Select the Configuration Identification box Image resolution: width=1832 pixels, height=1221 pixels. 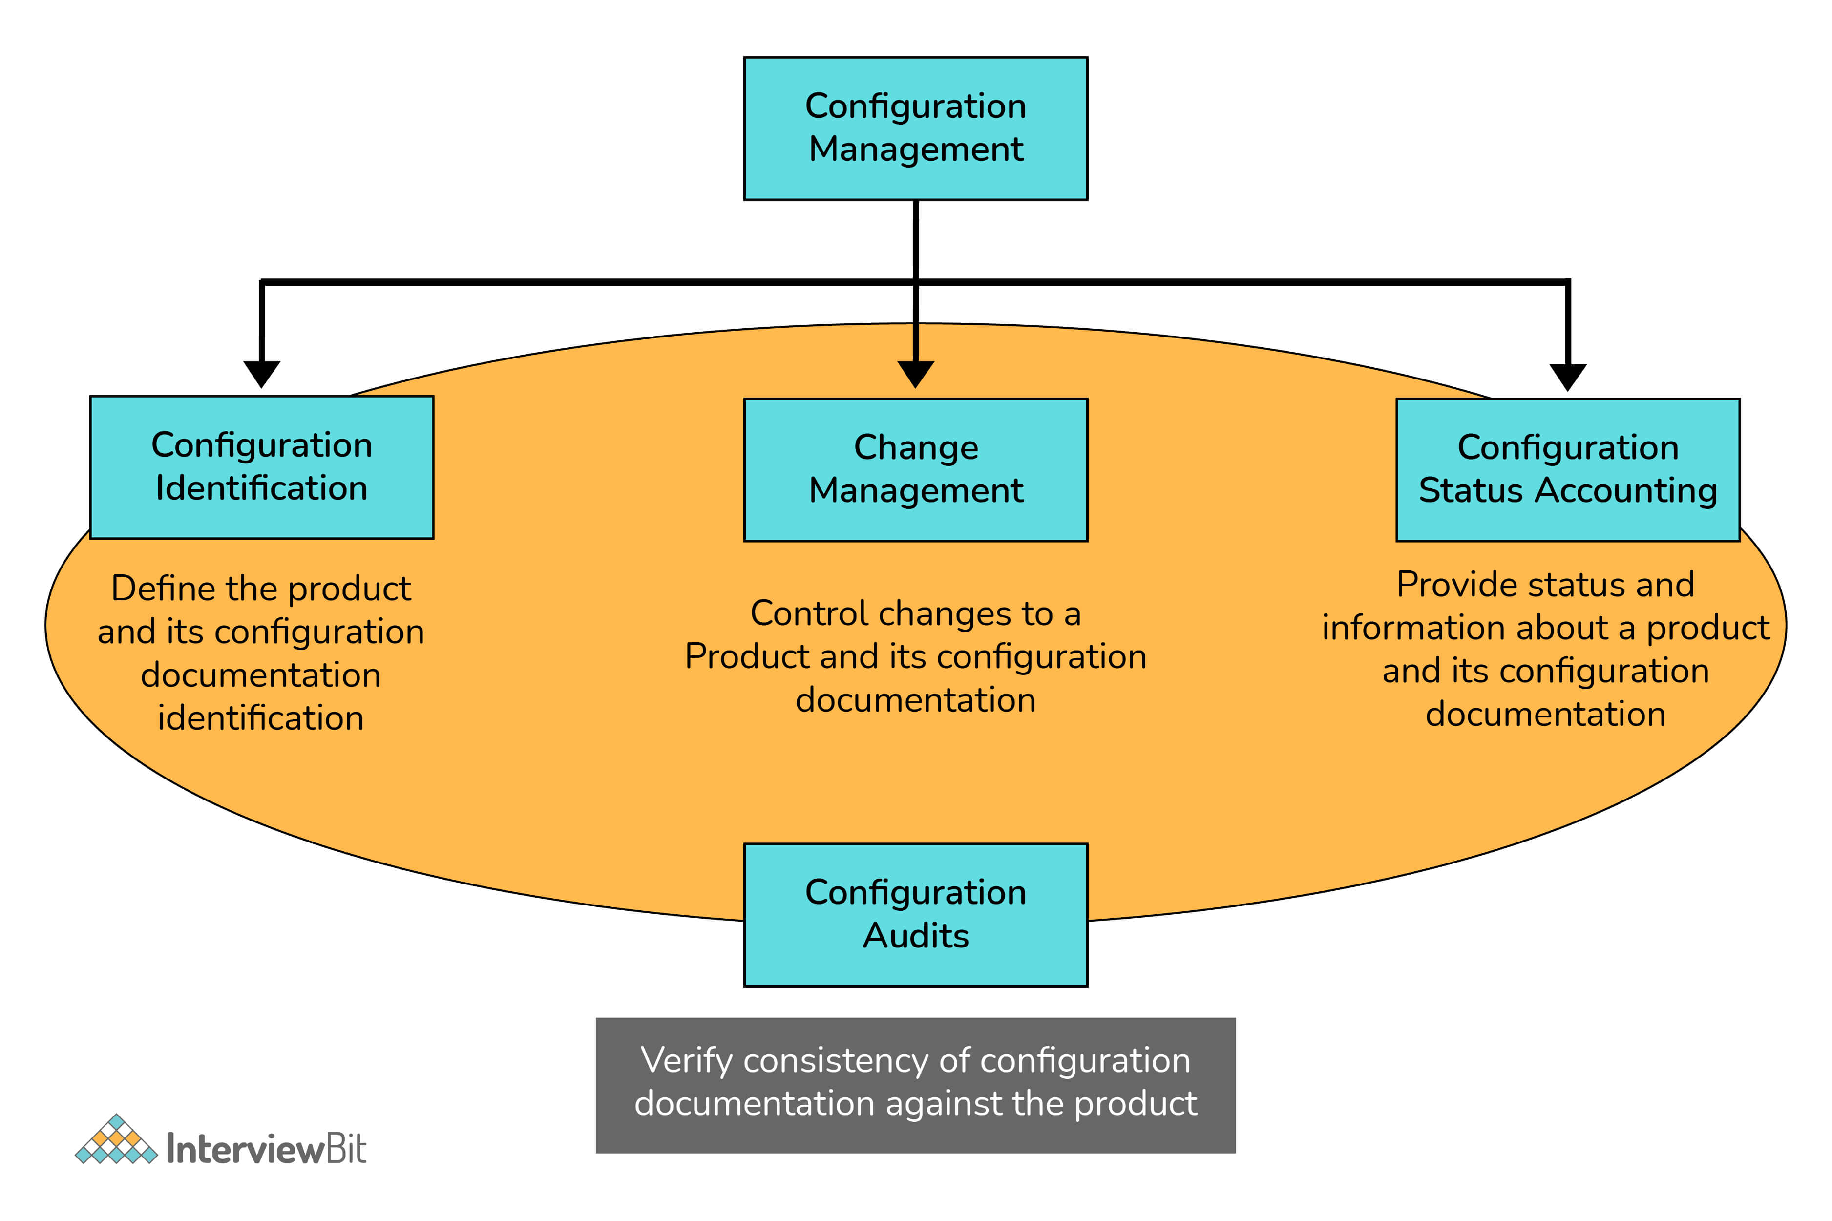click(262, 467)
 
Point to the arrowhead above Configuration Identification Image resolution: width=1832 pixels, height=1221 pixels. click(262, 374)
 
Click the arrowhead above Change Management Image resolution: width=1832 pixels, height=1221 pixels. click(916, 374)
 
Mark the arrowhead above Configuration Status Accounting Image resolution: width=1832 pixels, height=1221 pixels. click(1567, 377)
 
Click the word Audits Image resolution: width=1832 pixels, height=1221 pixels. click(916, 935)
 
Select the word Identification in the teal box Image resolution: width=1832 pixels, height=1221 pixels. click(262, 488)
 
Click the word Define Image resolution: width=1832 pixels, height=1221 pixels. click(162, 588)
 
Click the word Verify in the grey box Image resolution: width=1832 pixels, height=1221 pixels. click(686, 1061)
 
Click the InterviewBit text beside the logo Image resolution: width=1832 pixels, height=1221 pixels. click(266, 1149)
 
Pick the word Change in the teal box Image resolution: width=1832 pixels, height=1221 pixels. click(916, 448)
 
